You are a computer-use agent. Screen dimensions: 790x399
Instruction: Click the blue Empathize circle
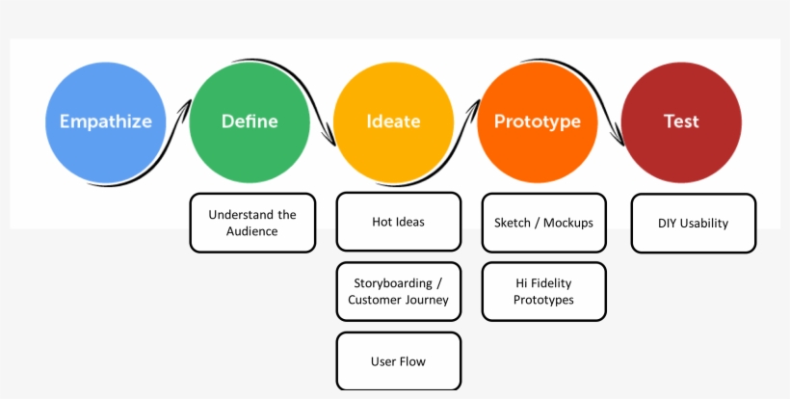click(x=106, y=122)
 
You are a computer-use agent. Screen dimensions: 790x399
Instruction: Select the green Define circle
click(x=250, y=122)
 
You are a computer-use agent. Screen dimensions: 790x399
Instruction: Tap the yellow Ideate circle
click(x=393, y=122)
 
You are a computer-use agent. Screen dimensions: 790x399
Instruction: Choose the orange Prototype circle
click(x=538, y=122)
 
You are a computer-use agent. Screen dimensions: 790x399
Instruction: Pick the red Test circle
click(x=681, y=122)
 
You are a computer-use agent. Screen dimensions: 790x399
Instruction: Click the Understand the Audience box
click(x=252, y=223)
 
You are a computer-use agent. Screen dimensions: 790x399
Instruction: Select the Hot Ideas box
click(x=399, y=222)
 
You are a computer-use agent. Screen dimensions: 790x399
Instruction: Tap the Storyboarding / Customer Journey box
click(x=399, y=291)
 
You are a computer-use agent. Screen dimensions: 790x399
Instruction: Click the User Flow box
click(x=399, y=360)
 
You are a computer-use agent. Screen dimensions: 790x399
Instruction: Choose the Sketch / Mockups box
click(x=543, y=223)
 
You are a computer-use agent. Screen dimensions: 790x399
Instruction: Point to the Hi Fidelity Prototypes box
click(x=543, y=291)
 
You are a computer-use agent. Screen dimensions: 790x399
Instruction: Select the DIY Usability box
click(x=694, y=224)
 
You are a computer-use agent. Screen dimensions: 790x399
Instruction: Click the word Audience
click(x=251, y=231)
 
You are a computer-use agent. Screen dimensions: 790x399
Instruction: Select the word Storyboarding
click(x=393, y=283)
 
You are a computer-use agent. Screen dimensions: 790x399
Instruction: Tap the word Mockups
click(x=568, y=223)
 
